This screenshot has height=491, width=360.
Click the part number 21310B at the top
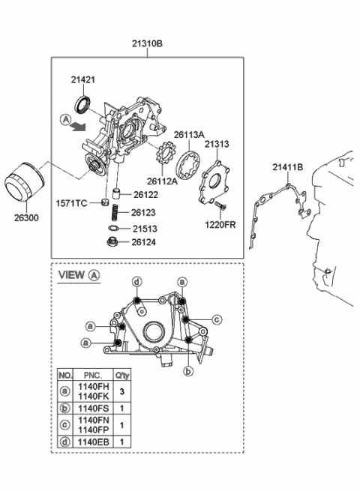click(x=147, y=43)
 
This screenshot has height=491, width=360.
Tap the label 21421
click(x=85, y=79)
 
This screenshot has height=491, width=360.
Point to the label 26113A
click(x=188, y=135)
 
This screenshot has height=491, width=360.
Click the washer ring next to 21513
click(x=114, y=227)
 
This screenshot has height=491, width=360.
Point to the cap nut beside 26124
click(x=115, y=242)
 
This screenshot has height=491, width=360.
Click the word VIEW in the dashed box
click(x=72, y=276)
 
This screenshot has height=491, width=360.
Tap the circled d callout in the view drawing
click(x=136, y=282)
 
